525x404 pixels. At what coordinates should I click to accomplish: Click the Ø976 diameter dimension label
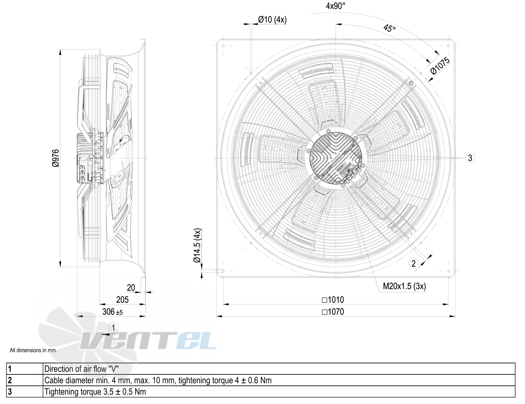pyautogui.click(x=56, y=158)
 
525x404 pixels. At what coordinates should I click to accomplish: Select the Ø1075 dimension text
pyautogui.click(x=440, y=66)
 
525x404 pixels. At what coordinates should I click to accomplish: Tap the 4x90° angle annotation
pyautogui.click(x=335, y=6)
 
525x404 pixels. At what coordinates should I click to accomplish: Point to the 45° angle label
pyautogui.click(x=389, y=29)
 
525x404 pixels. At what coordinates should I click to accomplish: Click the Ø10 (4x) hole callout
pyautogui.click(x=272, y=19)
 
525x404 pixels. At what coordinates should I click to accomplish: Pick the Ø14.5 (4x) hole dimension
pyautogui.click(x=197, y=245)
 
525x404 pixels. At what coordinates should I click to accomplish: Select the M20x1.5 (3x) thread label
pyautogui.click(x=404, y=286)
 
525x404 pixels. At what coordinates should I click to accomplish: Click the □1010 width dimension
pyautogui.click(x=333, y=300)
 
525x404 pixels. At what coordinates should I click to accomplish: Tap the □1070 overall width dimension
pyautogui.click(x=333, y=312)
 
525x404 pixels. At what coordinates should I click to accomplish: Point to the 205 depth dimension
pyautogui.click(x=122, y=300)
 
